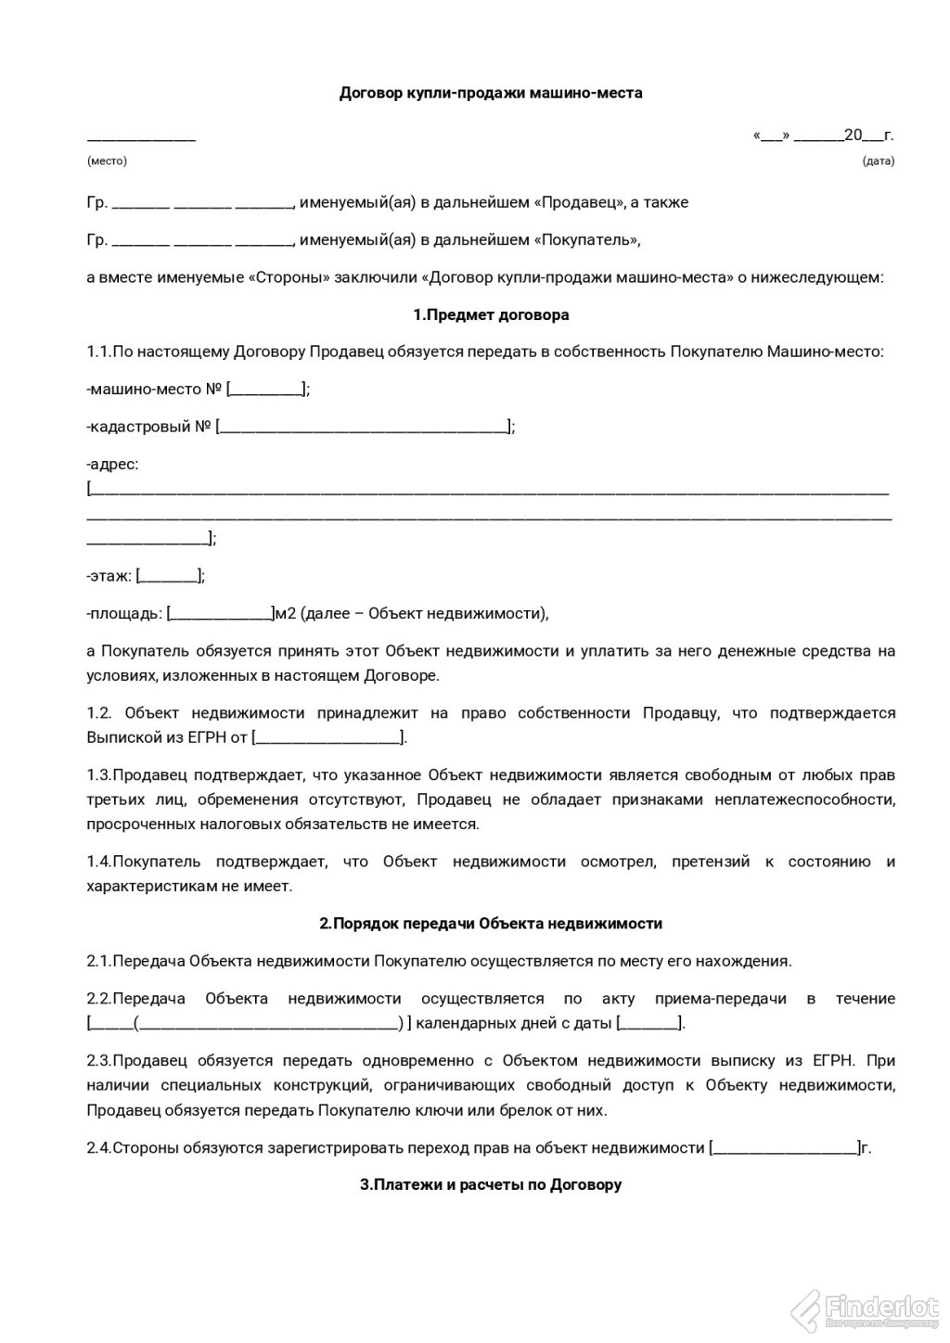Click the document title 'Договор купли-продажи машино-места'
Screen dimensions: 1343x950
[491, 93]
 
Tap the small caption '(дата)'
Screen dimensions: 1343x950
[878, 160]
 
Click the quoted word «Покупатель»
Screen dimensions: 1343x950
[585, 240]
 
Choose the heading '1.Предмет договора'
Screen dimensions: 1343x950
[491, 314]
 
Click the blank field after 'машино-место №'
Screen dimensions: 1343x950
[266, 390]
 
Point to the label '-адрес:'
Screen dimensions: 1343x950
[112, 464]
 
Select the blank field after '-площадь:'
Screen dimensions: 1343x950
[220, 613]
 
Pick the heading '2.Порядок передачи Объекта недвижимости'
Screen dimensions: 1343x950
[491, 924]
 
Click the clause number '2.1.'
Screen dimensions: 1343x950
[98, 961]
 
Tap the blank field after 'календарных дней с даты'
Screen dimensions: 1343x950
[648, 1024]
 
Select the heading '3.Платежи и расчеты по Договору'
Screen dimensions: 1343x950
[491, 1184]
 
